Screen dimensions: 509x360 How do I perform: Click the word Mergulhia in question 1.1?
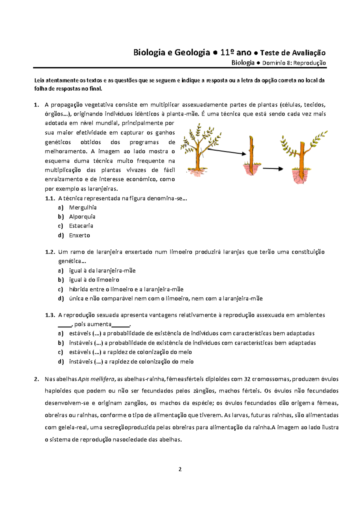pyautogui.click(x=82, y=207)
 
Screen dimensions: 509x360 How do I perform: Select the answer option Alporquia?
pyautogui.click(x=82, y=217)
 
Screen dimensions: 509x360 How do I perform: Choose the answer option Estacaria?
pyautogui.click(x=81, y=226)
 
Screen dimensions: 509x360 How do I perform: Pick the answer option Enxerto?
pyautogui.click(x=79, y=235)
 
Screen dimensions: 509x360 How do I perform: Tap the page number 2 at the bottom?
pyautogui.click(x=180, y=469)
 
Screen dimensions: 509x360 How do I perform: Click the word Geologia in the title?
pyautogui.click(x=192, y=53)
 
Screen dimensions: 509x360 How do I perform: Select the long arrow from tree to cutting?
pyautogui.click(x=226, y=152)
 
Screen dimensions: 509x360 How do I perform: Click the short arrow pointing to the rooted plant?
pyautogui.click(x=273, y=169)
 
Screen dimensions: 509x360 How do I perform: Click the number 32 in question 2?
pyautogui.click(x=247, y=379)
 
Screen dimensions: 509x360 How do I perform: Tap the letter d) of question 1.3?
pyautogui.click(x=61, y=362)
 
